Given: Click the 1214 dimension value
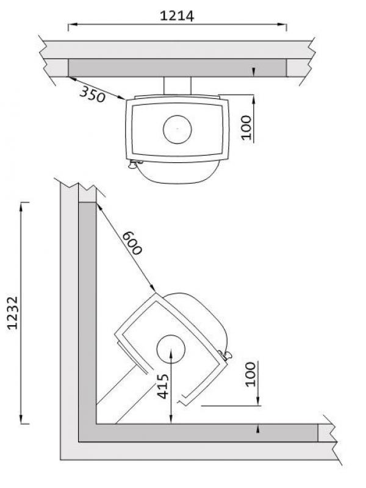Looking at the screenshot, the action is pyautogui.click(x=177, y=16).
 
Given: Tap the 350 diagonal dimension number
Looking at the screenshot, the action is pyautogui.click(x=93, y=95).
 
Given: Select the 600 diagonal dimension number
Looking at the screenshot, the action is pyautogui.click(x=132, y=243).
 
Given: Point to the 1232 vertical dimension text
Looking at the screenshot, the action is pyautogui.click(x=13, y=313).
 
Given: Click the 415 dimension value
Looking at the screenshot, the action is pyautogui.click(x=163, y=386).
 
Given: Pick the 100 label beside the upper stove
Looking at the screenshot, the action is pyautogui.click(x=246, y=127).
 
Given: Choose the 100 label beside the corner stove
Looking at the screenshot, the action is pyautogui.click(x=250, y=375).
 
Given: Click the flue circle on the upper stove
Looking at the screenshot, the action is pyautogui.click(x=178, y=129).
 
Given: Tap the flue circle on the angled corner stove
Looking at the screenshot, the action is pyautogui.click(x=171, y=349).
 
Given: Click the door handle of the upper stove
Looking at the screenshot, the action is pyautogui.click(x=134, y=164).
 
